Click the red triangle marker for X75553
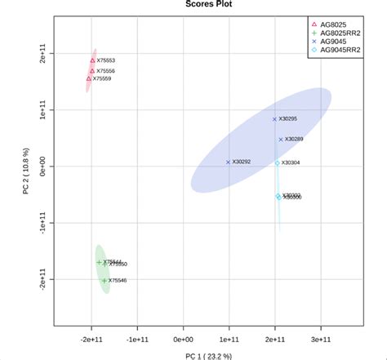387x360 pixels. (92, 60)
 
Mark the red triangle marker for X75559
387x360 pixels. (89, 79)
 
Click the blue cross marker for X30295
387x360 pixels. (274, 119)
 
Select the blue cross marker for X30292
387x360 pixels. (228, 162)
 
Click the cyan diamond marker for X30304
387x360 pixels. (278, 162)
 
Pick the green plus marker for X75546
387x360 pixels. (104, 280)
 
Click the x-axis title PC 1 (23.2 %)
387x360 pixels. (193, 355)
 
